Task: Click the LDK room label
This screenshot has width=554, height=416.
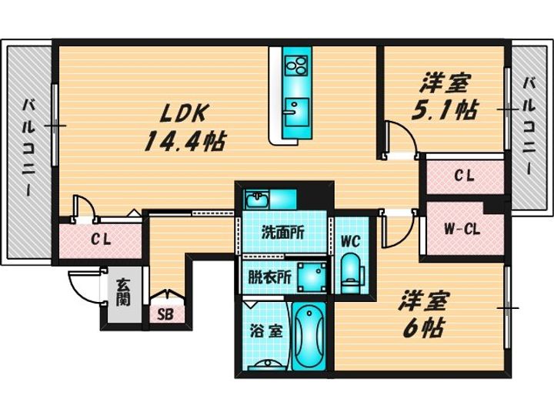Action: (x=182, y=112)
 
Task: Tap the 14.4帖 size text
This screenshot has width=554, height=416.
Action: (x=185, y=141)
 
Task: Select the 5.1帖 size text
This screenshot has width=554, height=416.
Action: (x=445, y=110)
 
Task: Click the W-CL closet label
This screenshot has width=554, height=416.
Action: (x=462, y=230)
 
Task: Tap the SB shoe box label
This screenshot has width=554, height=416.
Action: (x=165, y=314)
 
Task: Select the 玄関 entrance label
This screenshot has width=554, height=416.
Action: (x=123, y=293)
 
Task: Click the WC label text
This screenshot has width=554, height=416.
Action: (x=350, y=241)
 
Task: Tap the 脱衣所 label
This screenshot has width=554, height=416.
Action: (x=269, y=277)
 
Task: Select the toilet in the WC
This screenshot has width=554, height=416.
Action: (x=351, y=273)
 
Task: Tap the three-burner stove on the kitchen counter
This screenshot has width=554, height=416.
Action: (x=296, y=65)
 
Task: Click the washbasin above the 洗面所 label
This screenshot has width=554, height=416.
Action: (x=257, y=200)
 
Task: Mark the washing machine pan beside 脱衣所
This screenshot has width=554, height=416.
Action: (x=312, y=277)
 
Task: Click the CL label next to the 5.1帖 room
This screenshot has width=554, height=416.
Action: (x=464, y=176)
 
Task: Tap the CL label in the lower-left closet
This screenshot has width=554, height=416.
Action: (x=101, y=240)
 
